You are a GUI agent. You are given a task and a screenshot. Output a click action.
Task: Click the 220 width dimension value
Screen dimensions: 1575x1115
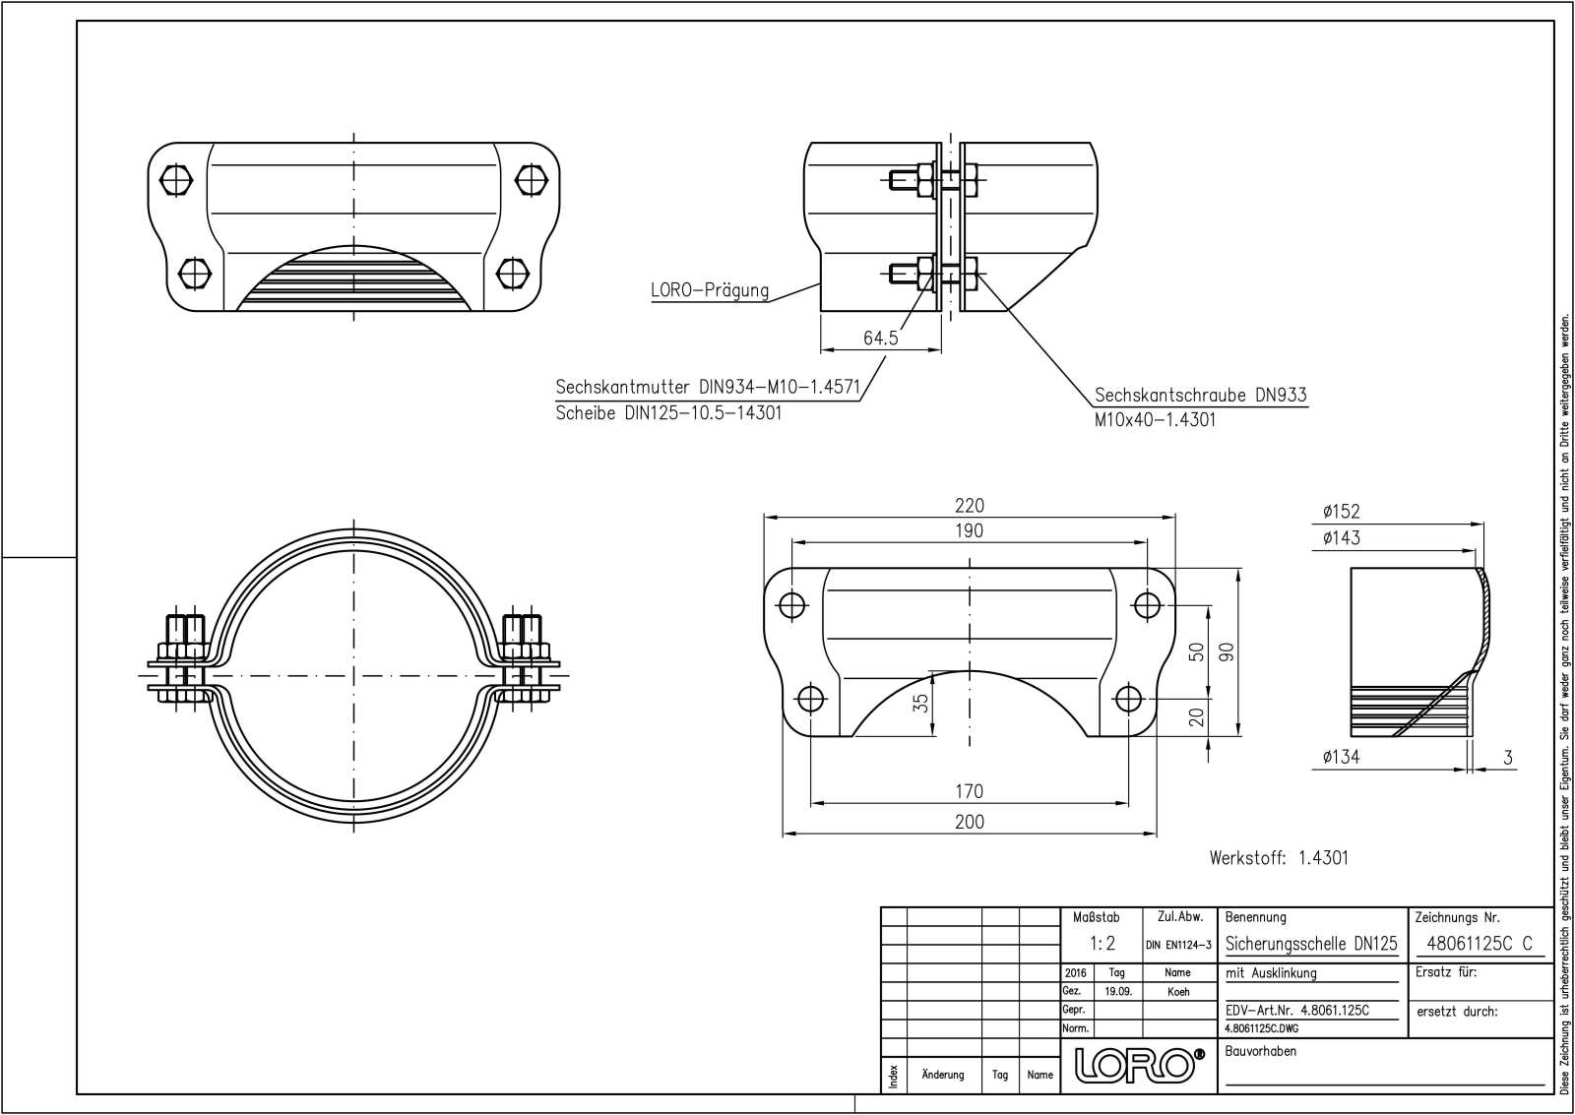click(969, 506)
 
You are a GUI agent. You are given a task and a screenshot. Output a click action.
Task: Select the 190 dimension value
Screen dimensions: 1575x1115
click(969, 530)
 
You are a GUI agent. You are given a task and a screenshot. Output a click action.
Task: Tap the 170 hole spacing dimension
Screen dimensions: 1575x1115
click(969, 791)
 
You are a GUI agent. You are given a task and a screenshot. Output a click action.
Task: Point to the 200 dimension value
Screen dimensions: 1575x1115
click(969, 822)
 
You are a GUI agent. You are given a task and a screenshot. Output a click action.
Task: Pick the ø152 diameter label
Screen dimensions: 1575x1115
click(1341, 511)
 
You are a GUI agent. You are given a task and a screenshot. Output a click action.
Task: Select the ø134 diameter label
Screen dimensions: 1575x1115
click(1341, 757)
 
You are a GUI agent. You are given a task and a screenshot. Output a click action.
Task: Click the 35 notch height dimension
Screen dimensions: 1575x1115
click(920, 702)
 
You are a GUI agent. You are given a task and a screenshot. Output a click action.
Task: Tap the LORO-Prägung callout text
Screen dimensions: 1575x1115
click(710, 290)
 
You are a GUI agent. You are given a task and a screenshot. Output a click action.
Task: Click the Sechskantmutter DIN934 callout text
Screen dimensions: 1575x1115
click(708, 387)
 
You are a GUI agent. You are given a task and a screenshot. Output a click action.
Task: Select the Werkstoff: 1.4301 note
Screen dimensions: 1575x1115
click(1279, 858)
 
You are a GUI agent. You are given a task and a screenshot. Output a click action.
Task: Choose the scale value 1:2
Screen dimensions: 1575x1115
click(1102, 944)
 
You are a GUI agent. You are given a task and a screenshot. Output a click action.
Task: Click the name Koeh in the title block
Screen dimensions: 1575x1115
click(1177, 992)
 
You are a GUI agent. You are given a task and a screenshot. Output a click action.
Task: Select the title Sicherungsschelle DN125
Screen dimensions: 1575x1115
click(1311, 944)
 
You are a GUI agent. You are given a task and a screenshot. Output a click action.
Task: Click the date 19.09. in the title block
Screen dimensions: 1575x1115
click(1117, 992)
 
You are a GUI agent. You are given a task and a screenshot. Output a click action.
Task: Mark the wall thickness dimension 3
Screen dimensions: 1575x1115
click(1508, 758)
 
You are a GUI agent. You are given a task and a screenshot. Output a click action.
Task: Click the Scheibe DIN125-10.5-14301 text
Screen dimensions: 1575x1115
click(668, 412)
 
